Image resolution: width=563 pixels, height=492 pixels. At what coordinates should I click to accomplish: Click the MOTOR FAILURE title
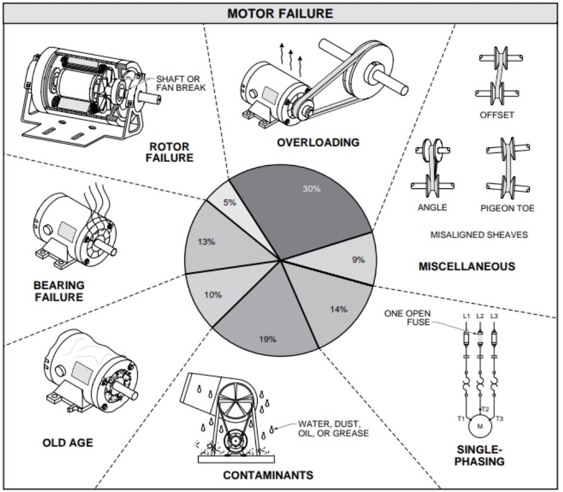pyautogui.click(x=280, y=13)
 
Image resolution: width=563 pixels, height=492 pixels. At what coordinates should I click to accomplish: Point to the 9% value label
pyautogui.click(x=358, y=260)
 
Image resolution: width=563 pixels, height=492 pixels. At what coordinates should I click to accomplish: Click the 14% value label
pyautogui.click(x=339, y=309)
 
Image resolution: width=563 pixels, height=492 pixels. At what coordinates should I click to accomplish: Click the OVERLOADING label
pyautogui.click(x=318, y=142)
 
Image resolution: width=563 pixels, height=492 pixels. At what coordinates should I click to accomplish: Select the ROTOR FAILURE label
pyautogui.click(x=169, y=152)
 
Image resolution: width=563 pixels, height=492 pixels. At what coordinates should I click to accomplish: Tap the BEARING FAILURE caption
pyautogui.click(x=59, y=291)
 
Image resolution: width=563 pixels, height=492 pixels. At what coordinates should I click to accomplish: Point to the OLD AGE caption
pyautogui.click(x=67, y=443)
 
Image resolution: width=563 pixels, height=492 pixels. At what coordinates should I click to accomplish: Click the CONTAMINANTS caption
pyautogui.click(x=268, y=476)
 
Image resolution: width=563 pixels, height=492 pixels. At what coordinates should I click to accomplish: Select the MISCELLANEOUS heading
pyautogui.click(x=466, y=267)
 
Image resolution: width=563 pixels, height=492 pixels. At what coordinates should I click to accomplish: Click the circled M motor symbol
pyautogui.click(x=480, y=426)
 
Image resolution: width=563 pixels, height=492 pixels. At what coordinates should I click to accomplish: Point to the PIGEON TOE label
pyautogui.click(x=507, y=208)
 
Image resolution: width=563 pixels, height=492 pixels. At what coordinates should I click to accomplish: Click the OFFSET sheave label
pyautogui.click(x=497, y=115)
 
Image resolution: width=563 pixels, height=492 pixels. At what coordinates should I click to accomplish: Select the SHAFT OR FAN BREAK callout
pyautogui.click(x=181, y=83)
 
